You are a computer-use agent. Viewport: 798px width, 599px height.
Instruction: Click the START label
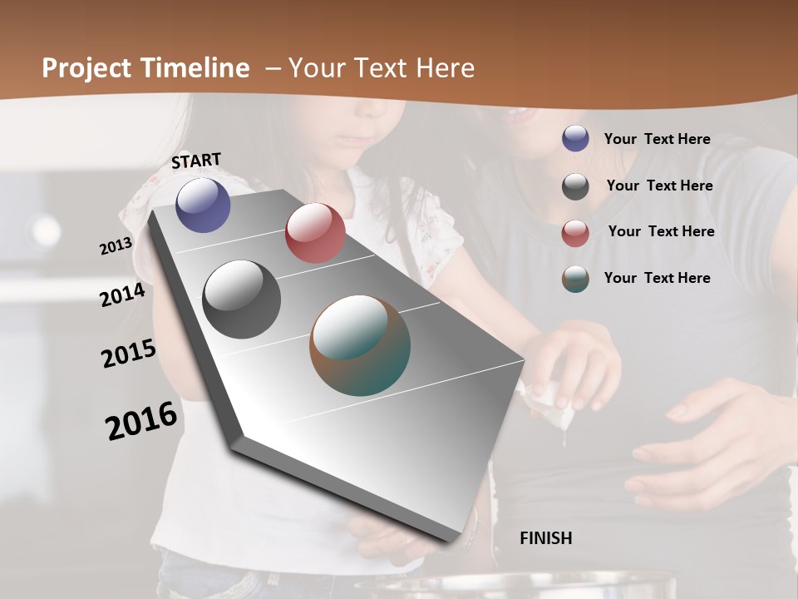[196, 161]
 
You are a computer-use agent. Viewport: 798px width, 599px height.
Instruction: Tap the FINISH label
[546, 538]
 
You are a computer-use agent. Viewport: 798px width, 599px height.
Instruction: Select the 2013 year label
[116, 246]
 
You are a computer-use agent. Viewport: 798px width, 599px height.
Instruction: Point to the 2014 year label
[122, 295]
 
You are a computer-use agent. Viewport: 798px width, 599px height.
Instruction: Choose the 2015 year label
[129, 353]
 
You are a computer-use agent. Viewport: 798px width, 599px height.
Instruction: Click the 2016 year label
[141, 420]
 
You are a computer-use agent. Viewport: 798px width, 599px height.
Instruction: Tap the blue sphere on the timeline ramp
[203, 205]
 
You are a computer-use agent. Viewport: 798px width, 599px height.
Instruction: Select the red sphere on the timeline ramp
[315, 233]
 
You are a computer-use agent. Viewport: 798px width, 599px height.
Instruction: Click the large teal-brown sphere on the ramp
[360, 345]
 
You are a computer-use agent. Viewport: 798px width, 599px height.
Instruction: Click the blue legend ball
[575, 138]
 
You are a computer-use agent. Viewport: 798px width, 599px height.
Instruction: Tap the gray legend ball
[575, 186]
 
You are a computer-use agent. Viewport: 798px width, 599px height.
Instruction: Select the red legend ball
[575, 232]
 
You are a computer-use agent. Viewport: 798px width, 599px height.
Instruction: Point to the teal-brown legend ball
[575, 279]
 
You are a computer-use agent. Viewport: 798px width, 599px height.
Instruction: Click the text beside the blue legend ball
[657, 139]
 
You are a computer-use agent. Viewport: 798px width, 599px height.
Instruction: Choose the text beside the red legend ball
[661, 231]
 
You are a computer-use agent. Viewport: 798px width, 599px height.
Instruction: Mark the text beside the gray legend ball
[659, 186]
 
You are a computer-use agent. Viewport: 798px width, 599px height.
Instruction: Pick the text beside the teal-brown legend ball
[657, 278]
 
